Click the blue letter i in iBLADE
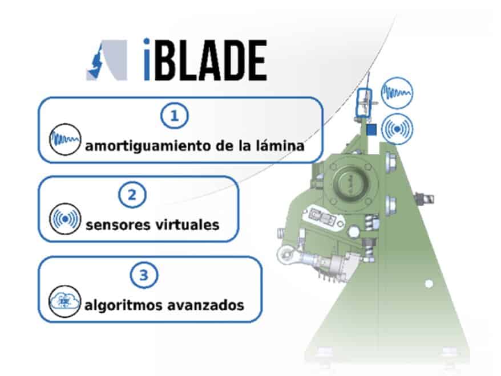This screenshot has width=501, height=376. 147,59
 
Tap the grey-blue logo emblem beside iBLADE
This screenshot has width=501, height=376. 107,60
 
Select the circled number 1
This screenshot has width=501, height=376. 174,116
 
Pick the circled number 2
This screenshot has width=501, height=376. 132,194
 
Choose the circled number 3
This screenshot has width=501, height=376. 144,275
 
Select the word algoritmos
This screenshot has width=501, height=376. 124,305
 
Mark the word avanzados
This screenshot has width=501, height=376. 206,305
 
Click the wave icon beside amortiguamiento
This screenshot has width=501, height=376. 65,140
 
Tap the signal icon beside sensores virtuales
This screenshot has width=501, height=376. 65,219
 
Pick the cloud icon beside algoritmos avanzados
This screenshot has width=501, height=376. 64,301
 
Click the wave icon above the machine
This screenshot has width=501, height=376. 397,92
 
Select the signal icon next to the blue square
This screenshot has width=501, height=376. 397,129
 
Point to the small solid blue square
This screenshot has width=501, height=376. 371,130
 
